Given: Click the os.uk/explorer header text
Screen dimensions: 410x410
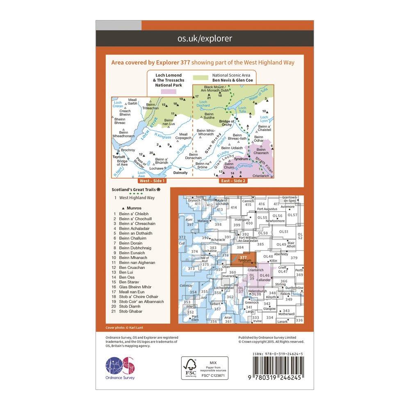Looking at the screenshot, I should pyautogui.click(x=205, y=39).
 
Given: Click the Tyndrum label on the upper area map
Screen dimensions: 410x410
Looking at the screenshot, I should pyautogui.click(x=241, y=158).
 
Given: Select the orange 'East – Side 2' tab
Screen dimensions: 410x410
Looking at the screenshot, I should pyautogui.click(x=233, y=180).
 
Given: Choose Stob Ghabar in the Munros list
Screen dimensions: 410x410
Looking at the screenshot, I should pyautogui.click(x=130, y=311).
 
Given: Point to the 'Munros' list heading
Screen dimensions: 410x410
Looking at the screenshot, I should pyautogui.click(x=128, y=208).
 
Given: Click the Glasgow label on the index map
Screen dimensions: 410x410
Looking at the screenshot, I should pyautogui.click(x=269, y=308).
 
